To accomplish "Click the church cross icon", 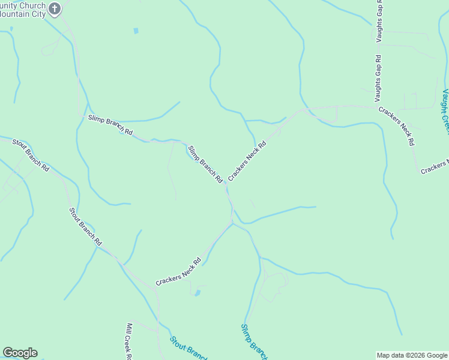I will point(55,8).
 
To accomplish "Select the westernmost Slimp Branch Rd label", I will point(110,124).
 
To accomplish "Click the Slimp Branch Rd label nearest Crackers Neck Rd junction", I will point(205,164).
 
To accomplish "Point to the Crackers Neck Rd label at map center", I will point(247,161).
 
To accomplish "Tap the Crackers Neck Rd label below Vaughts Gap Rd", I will point(396,126).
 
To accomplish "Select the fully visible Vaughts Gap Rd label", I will point(378,78).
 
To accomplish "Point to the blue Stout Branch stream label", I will point(188,348).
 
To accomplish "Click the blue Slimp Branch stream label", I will point(254,343).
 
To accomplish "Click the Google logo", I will point(20,353).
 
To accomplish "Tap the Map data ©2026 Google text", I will point(412,355).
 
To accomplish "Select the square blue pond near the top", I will point(136,31).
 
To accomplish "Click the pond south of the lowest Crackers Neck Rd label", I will point(197,293).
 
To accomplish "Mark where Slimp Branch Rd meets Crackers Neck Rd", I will point(226,185).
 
